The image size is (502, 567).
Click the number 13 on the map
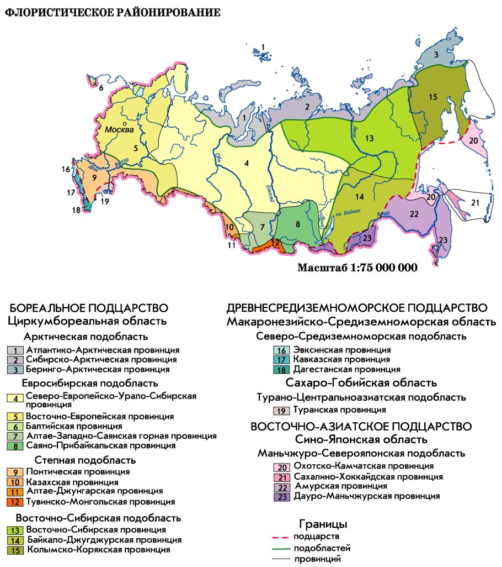click(x=369, y=138)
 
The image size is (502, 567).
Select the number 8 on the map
click(x=297, y=224)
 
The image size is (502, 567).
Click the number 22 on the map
click(x=414, y=214)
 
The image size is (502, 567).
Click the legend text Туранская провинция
click(x=339, y=410)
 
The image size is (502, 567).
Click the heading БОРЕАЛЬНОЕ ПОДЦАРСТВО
click(x=89, y=308)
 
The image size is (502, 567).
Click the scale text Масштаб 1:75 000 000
click(x=357, y=268)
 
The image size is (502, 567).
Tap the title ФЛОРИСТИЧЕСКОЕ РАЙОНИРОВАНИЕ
click(x=113, y=12)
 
